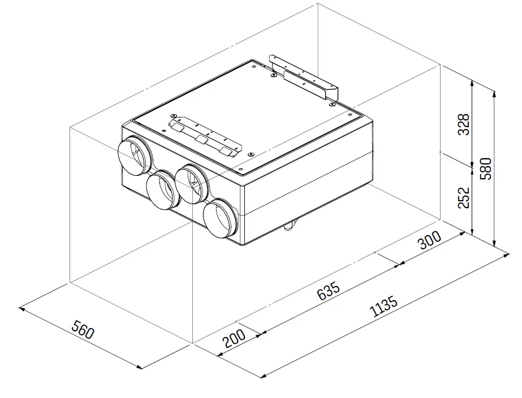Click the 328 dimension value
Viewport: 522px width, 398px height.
464,125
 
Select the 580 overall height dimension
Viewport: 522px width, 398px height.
486,168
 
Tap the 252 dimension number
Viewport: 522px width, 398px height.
464,198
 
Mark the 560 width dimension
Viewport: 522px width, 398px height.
82,330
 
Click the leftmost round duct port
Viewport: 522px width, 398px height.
134,154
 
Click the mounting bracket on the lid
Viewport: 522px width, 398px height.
202,136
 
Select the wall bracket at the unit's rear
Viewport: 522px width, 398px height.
304,77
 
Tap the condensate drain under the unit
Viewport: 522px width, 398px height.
289,227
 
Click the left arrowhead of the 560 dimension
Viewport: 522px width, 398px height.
21,309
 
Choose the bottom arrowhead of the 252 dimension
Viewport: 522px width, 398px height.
473,232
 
